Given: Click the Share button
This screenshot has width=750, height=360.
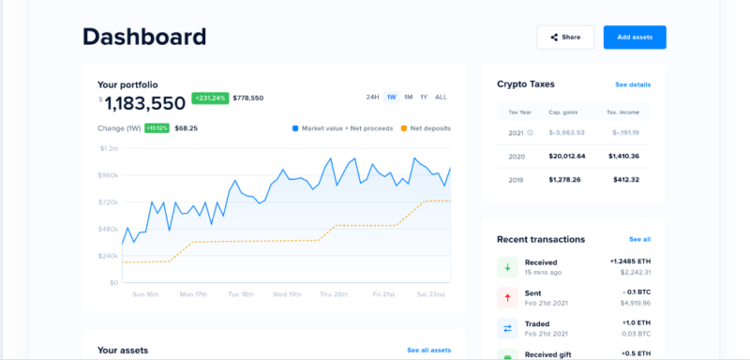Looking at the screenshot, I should tap(565, 37).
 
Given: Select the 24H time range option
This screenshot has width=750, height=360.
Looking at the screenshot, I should tap(372, 97).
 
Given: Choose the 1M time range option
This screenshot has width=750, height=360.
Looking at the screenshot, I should tap(408, 97).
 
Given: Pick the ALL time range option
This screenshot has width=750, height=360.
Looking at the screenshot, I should tap(442, 97).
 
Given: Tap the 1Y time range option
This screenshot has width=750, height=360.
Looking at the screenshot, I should tap(424, 97).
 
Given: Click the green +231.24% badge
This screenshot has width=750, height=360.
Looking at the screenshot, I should tap(210, 97).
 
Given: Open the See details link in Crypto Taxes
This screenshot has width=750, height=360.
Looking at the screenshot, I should tap(633, 84).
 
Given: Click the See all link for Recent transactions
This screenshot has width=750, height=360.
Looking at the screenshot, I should tap(639, 239).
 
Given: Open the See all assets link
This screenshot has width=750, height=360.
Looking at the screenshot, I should tap(428, 350).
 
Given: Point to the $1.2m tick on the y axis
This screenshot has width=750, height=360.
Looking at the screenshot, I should tap(109, 148).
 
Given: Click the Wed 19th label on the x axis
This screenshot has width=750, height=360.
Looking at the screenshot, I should tap(287, 293).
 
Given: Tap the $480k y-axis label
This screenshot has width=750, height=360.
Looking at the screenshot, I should tap(109, 229).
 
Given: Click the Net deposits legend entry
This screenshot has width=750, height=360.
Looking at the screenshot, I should tap(426, 127).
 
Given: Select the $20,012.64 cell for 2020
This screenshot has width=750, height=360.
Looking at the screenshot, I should tap(568, 156).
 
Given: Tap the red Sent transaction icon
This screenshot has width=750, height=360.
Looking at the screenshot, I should tap(507, 298).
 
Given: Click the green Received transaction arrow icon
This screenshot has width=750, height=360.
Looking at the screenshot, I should tap(507, 267).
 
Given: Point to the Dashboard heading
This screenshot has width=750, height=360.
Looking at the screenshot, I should tap(144, 37).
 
